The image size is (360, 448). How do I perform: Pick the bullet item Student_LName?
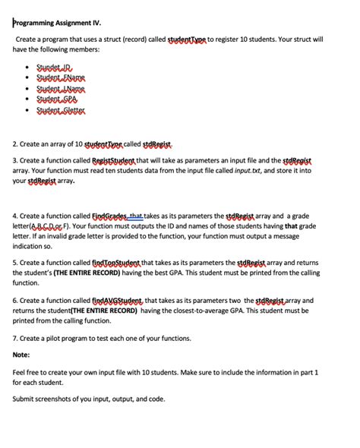pyautogui.click(x=63, y=88)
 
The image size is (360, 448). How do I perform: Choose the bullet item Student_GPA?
pyautogui.click(x=58, y=99)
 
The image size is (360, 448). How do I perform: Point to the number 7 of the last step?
pyautogui.click(x=15, y=338)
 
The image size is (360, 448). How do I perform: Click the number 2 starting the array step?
pyautogui.click(x=15, y=143)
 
